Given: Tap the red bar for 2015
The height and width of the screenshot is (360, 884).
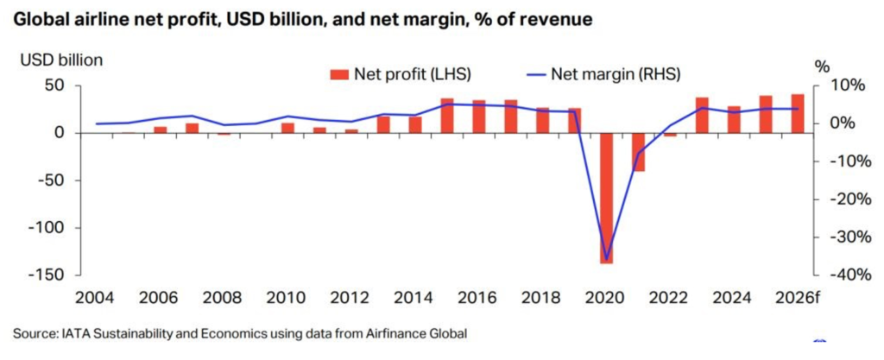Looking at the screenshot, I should (x=447, y=116).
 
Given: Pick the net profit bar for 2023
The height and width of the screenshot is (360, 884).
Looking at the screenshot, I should (x=702, y=115).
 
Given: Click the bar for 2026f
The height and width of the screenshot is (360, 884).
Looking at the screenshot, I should (x=797, y=113).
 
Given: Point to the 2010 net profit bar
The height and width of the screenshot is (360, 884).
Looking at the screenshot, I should (x=287, y=128).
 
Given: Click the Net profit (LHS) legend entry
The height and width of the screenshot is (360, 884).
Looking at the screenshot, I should (x=400, y=73).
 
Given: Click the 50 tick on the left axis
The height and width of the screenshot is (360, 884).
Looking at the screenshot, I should (x=55, y=85).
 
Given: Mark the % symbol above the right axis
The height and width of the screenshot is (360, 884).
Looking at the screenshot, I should (x=822, y=66).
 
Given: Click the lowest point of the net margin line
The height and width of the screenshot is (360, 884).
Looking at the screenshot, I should (x=606, y=259).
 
